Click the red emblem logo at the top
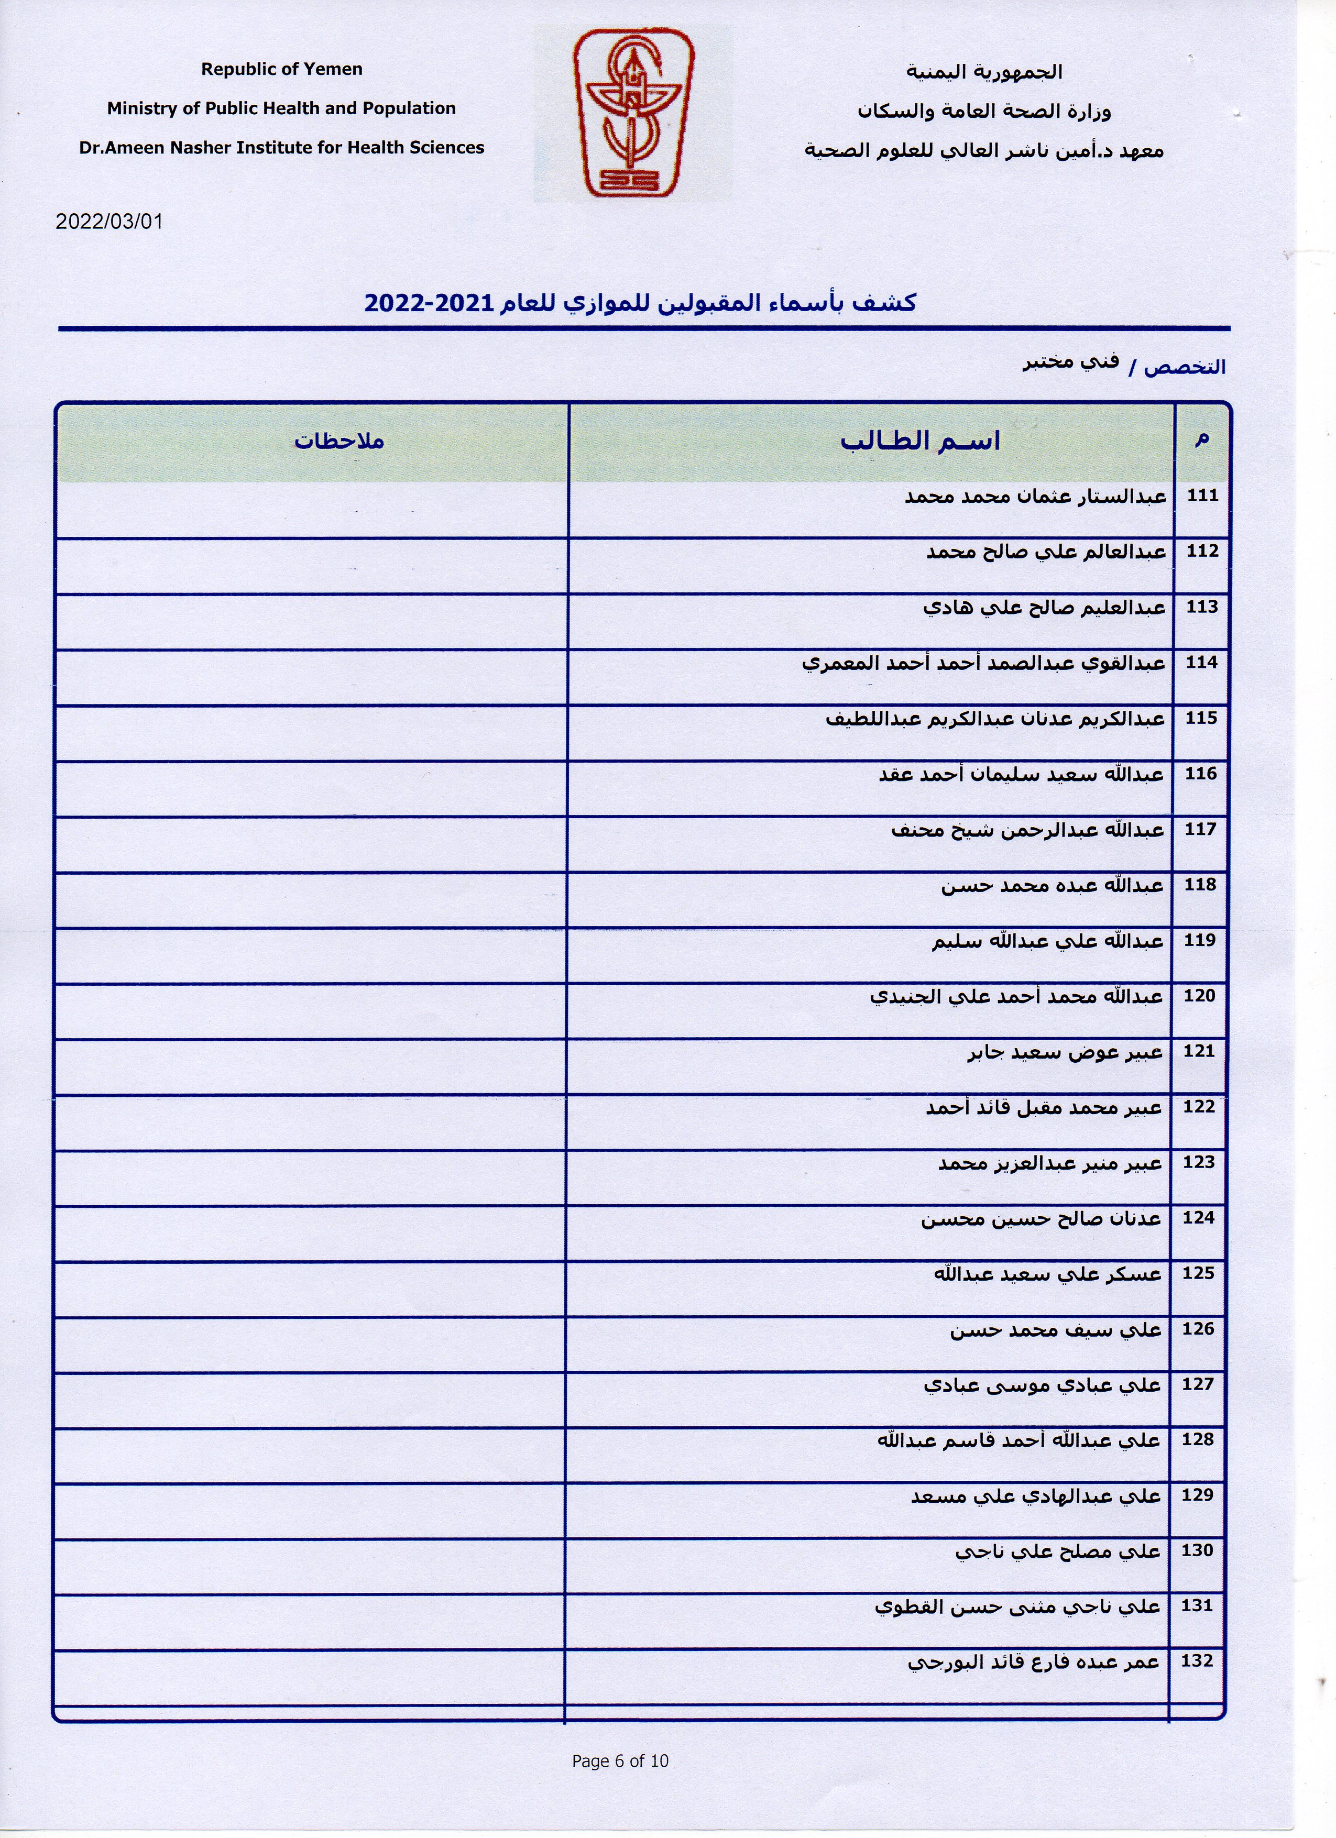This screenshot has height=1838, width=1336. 632,114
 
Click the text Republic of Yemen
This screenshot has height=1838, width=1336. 281,70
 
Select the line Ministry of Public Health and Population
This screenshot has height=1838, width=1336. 281,108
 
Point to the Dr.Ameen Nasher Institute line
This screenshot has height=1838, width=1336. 281,148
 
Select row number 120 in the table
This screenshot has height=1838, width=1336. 1200,996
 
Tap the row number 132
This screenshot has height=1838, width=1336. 1197,1660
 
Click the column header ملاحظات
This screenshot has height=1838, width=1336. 339,442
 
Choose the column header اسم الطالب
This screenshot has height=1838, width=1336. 919,442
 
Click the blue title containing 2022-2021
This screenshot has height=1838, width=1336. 640,303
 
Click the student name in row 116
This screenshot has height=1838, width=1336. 1022,775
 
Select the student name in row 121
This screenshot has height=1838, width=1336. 1065,1053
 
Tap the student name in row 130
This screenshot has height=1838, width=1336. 1058,1551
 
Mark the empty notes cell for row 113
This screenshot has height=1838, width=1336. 312,622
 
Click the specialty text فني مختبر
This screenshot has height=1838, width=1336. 1070,362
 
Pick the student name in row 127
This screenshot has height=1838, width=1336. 1043,1385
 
